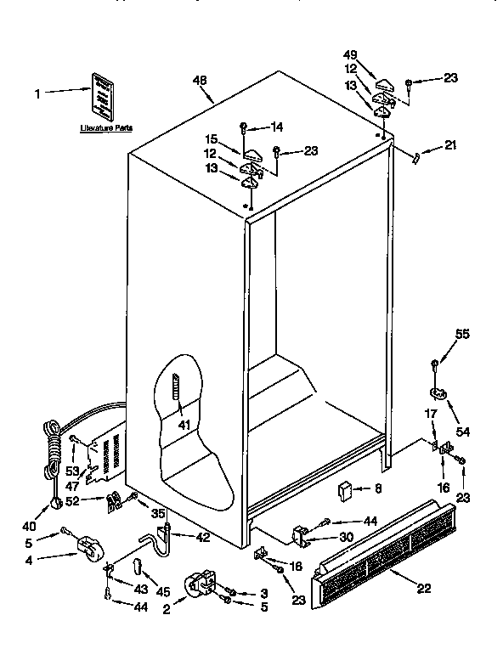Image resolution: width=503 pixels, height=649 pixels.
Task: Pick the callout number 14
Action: [x=276, y=127]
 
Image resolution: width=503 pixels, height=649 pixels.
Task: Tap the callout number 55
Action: [x=462, y=335]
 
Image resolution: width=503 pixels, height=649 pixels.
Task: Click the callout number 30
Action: [x=348, y=537]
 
